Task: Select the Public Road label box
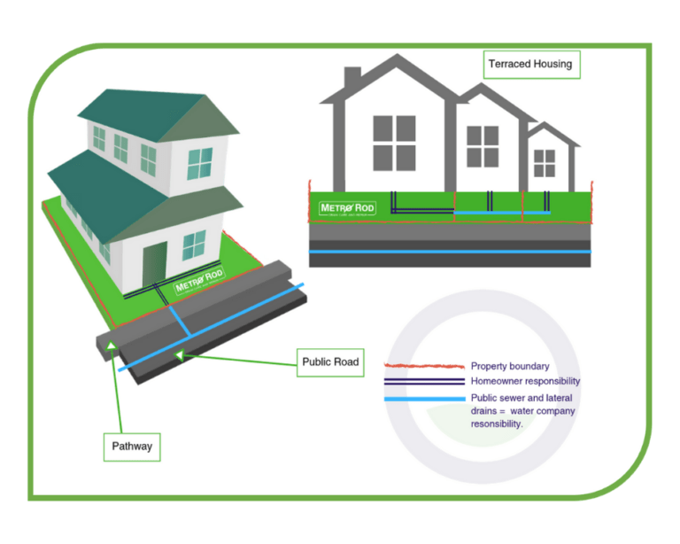point(330,361)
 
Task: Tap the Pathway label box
point(132,446)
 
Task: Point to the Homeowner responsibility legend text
point(525,381)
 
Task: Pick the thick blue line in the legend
point(423,400)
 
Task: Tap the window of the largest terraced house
point(394,138)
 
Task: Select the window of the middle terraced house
point(483,147)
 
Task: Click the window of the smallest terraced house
point(545,163)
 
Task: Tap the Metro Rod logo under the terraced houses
point(346,209)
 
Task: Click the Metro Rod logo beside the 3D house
point(199,284)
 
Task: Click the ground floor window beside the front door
point(194,245)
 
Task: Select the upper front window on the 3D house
point(199,163)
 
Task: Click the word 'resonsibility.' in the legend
point(497,424)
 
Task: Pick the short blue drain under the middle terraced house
point(487,213)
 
